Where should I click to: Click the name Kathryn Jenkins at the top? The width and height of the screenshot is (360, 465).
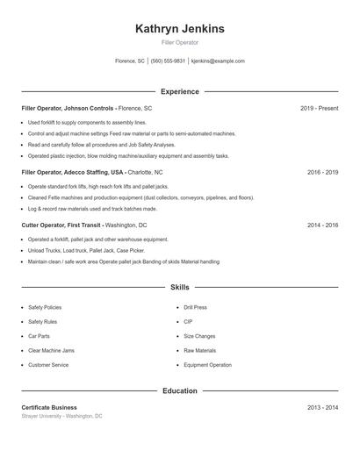(x=180, y=29)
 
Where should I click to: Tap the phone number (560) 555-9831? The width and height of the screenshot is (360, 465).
(x=168, y=61)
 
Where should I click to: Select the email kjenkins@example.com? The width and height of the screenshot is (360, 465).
(x=218, y=61)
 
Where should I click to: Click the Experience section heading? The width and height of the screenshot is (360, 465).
(x=180, y=91)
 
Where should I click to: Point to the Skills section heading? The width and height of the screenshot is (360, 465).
(x=180, y=287)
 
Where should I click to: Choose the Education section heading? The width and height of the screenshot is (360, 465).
(x=180, y=390)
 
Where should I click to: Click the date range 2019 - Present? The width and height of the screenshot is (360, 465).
(x=319, y=108)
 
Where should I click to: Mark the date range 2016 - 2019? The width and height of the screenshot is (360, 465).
(x=322, y=173)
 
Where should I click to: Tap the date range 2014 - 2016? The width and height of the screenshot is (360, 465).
(x=322, y=225)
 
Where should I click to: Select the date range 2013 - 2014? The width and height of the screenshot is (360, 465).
(x=322, y=408)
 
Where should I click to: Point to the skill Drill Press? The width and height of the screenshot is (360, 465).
(x=195, y=308)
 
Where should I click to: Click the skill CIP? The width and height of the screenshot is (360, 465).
(x=188, y=322)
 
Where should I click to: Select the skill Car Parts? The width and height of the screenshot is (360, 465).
(x=40, y=336)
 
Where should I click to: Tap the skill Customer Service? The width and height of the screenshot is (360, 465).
(x=48, y=365)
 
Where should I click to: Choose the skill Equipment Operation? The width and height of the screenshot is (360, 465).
(x=207, y=365)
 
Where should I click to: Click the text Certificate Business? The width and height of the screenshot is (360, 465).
(x=49, y=408)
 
